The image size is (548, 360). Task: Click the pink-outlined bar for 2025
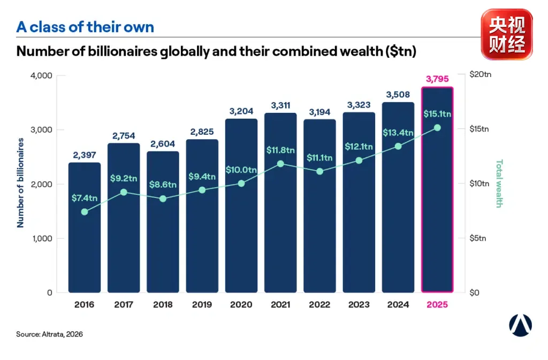click(437, 189)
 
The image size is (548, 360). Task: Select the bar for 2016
click(84, 227)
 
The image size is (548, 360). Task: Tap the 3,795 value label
click(437, 79)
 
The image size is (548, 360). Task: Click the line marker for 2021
click(280, 164)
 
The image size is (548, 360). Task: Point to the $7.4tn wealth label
click(84, 198)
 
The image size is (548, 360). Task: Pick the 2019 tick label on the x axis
click(202, 304)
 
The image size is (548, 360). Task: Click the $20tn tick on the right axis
click(481, 74)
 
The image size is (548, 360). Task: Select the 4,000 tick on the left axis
click(41, 75)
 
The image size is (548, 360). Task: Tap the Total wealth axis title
click(499, 183)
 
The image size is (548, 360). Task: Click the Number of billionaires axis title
click(20, 183)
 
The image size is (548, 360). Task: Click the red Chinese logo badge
click(507, 34)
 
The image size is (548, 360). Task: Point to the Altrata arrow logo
click(520, 325)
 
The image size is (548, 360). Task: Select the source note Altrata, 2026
click(49, 334)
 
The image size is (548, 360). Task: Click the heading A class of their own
click(85, 27)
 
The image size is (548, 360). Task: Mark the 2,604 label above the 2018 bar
click(163, 144)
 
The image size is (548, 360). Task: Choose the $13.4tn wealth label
click(398, 133)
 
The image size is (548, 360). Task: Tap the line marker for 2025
click(437, 128)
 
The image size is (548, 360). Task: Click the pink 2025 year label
click(437, 304)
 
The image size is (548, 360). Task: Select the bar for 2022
click(319, 206)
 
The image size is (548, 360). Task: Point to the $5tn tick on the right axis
click(478, 238)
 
